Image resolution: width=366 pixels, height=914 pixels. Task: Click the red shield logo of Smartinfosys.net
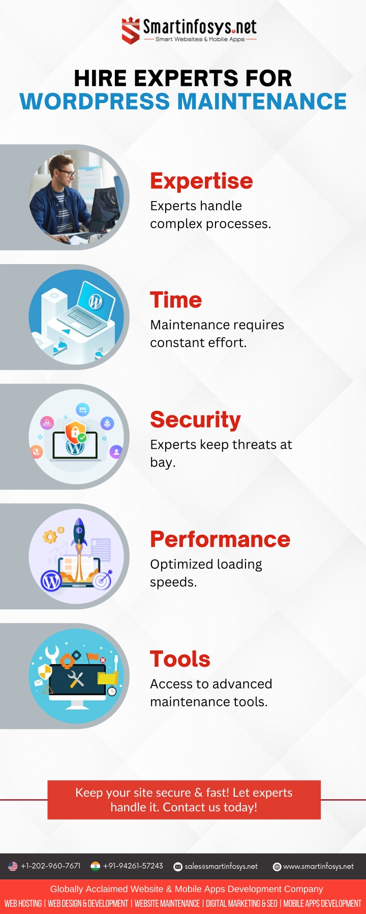[131, 30]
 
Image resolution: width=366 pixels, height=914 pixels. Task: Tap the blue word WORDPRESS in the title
[95, 102]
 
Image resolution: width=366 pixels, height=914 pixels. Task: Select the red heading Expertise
[201, 181]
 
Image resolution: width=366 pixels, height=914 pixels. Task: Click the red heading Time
[176, 300]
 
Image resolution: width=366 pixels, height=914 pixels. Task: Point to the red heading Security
[195, 420]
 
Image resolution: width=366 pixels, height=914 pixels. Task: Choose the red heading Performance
[220, 539]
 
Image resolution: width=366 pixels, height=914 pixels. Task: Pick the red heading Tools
[180, 659]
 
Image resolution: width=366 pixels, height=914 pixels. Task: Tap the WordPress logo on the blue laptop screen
[96, 302]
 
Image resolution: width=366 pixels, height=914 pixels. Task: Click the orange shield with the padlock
[75, 433]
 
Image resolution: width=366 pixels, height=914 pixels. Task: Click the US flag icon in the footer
[13, 866]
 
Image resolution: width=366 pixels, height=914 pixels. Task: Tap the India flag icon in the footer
[95, 866]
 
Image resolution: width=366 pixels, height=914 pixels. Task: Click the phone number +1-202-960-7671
[50, 866]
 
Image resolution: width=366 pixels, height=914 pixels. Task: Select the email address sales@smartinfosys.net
[221, 866]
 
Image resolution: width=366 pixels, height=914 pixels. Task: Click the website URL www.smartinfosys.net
[318, 866]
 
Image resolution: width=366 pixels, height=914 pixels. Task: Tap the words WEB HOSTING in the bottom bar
[23, 903]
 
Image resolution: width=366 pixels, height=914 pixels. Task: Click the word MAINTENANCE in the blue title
[262, 102]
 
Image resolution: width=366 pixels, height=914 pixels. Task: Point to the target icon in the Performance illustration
[103, 579]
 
